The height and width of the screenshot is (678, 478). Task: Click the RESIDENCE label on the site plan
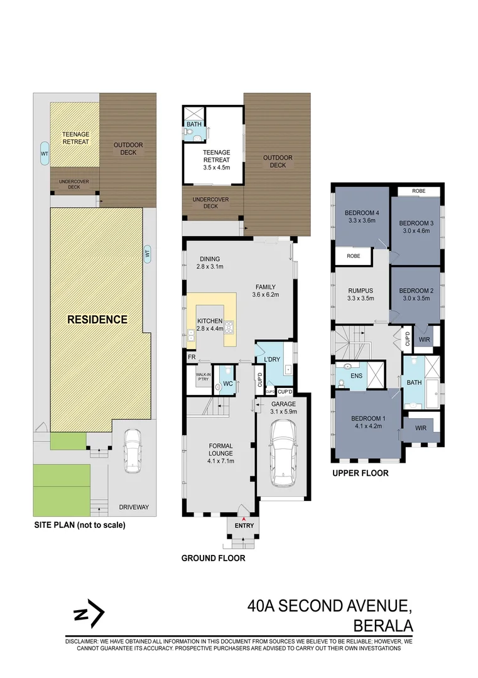tap(97, 320)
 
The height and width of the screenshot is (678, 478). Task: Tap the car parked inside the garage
tap(283, 453)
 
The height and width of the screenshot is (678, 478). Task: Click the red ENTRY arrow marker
tap(243, 518)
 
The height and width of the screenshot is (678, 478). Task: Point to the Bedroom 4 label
tap(362, 212)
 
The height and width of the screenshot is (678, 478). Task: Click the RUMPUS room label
tap(361, 291)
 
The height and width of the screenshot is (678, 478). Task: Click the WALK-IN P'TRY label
tap(202, 378)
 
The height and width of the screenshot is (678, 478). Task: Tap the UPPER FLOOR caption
tap(360, 473)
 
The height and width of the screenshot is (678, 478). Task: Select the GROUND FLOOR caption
tap(213, 558)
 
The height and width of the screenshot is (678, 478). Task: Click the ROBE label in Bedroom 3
tap(419, 191)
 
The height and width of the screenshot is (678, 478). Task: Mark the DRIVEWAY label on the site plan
tap(134, 507)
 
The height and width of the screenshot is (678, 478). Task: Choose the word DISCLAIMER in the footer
tap(86, 642)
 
